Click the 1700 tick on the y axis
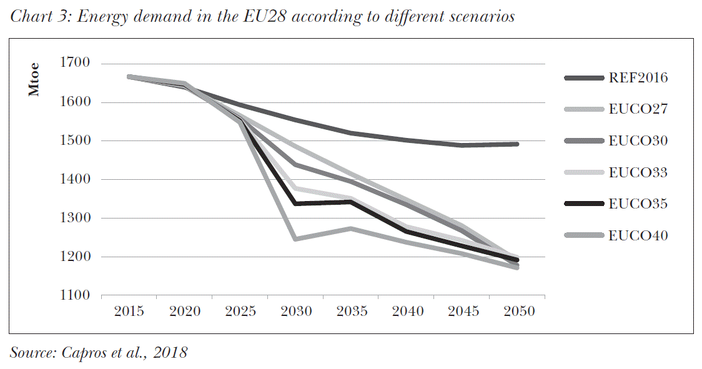pos(76,63)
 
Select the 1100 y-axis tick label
pos(76,295)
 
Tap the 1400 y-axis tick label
pos(76,179)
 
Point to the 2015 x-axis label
pos(129,311)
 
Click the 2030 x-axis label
pos(296,311)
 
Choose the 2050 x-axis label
pos(518,311)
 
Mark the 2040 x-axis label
pos(407,311)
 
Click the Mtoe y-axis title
pos(34,79)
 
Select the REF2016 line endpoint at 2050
pos(517,144)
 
